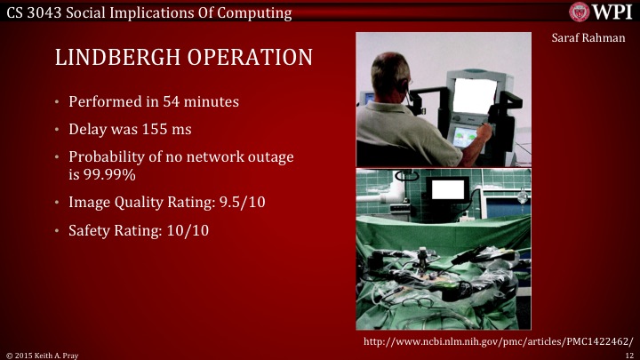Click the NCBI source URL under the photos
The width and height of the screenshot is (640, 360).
click(x=499, y=341)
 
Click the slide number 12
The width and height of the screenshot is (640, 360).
click(x=628, y=354)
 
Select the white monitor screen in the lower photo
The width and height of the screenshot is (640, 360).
click(x=447, y=189)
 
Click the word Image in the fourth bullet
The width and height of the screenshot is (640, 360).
click(x=88, y=203)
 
